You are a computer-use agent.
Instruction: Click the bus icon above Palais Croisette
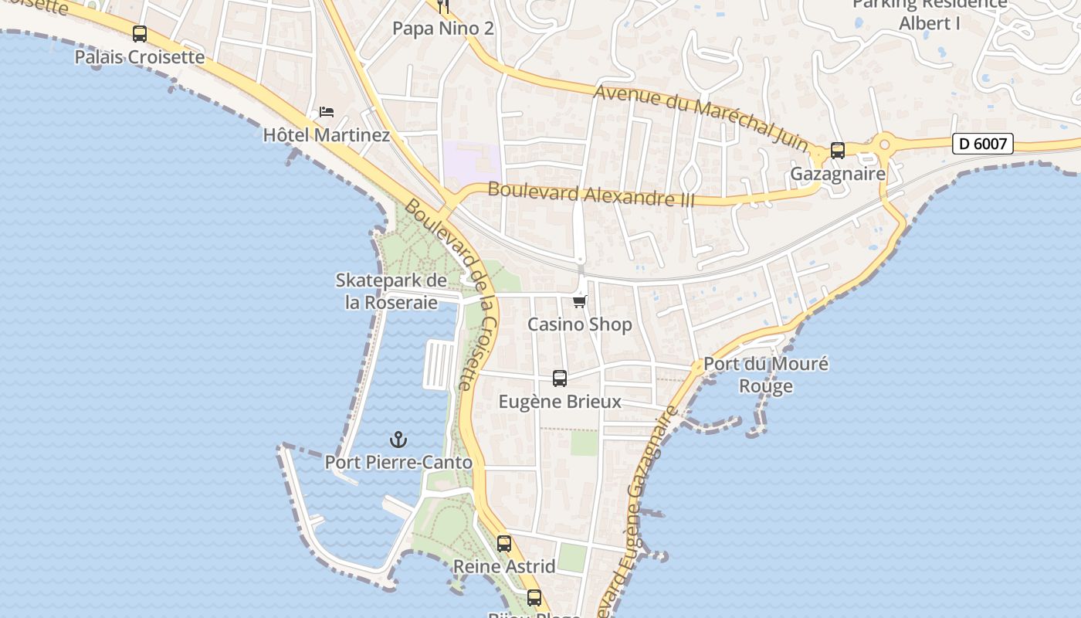tap(139, 34)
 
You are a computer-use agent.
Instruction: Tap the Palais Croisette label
tap(140, 57)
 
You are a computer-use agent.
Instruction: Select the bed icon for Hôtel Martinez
tap(327, 112)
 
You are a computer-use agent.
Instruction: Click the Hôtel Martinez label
tap(327, 135)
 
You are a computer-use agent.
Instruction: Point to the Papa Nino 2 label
tap(443, 29)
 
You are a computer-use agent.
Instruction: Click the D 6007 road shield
tap(982, 144)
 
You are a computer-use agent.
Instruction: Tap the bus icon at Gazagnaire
tap(838, 151)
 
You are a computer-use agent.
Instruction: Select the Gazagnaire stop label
tap(838, 174)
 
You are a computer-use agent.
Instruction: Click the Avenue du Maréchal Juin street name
tap(701, 118)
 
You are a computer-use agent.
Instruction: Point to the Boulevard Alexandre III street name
tap(591, 194)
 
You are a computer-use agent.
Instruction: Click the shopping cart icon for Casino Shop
tap(580, 301)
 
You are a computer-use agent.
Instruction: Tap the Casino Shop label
tap(580, 324)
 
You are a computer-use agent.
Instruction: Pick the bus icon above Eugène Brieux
tap(560, 379)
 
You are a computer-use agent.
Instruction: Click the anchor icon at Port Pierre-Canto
tap(398, 440)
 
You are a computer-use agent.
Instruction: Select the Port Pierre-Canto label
tap(398, 463)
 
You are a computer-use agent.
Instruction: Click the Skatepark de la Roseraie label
tap(391, 291)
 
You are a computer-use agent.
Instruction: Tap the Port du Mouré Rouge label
tap(766, 375)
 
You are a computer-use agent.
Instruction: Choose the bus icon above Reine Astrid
tap(504, 544)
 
